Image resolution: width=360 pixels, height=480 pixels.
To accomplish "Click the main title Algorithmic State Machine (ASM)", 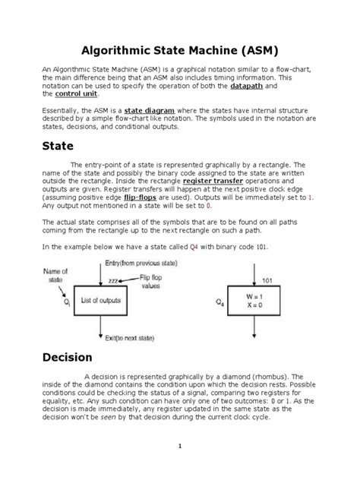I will tap(179, 50).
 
